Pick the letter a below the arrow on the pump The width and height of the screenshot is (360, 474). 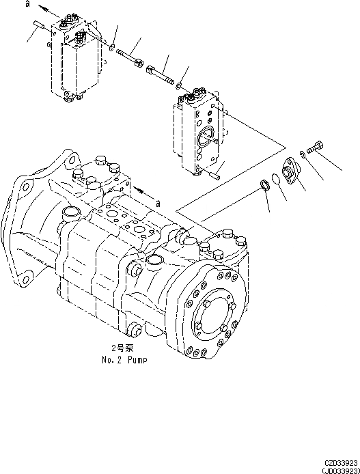tap(158, 203)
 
